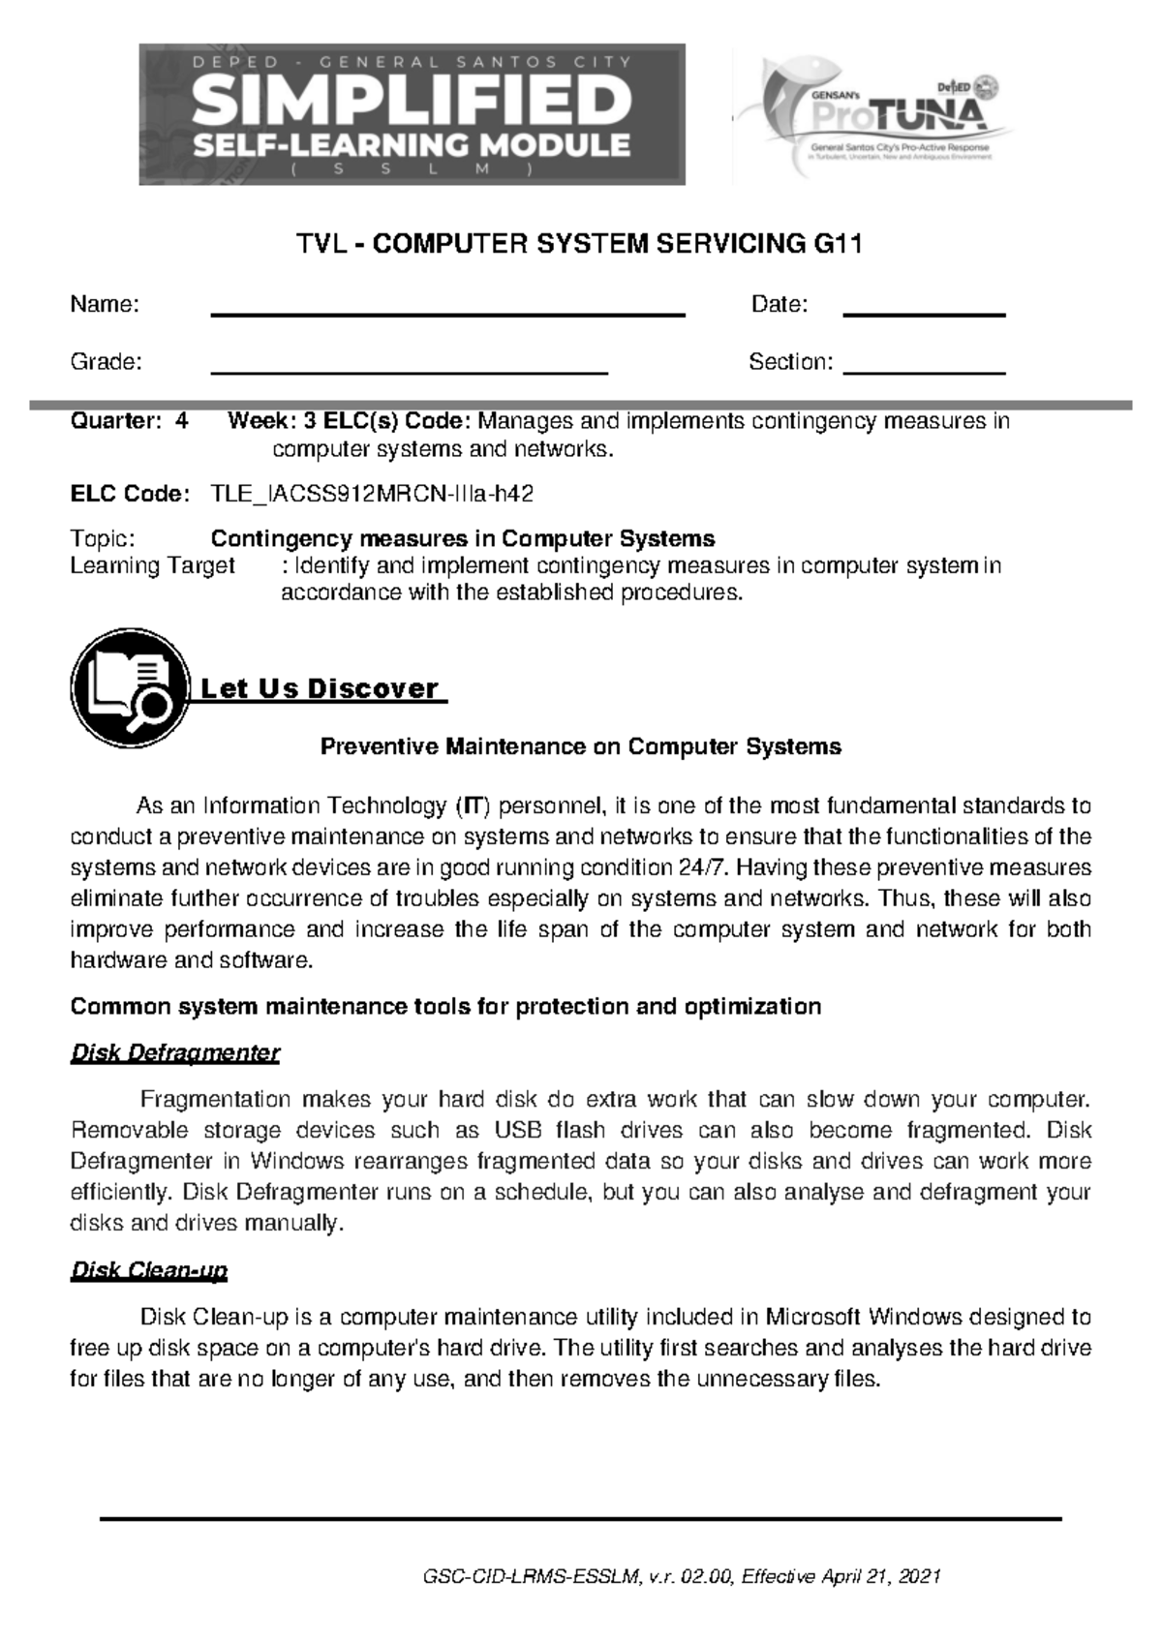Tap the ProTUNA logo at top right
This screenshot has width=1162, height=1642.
point(876,116)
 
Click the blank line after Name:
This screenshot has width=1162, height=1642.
point(447,314)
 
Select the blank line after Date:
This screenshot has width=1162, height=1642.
point(925,314)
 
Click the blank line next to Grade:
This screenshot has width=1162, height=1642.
point(409,372)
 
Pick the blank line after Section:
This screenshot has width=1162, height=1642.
point(925,372)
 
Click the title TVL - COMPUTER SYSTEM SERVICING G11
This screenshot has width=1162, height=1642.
point(579,245)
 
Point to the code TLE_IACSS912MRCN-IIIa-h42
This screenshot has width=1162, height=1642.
point(372,494)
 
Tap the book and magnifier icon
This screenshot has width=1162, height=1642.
point(129,687)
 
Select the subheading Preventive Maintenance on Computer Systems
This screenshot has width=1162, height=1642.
point(580,746)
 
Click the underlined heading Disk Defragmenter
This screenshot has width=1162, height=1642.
point(175,1052)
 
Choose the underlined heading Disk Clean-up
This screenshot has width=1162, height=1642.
point(149,1270)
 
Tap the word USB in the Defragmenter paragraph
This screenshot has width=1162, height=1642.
point(518,1130)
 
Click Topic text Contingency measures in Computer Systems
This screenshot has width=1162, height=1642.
point(463,538)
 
